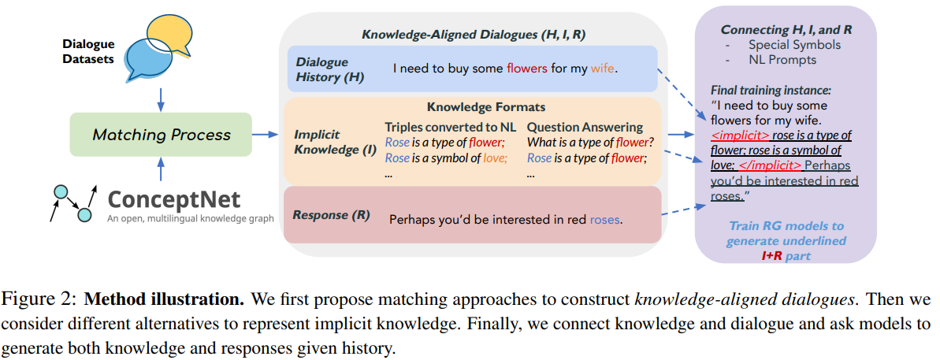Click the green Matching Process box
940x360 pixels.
(161, 135)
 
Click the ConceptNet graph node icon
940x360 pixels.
(73, 201)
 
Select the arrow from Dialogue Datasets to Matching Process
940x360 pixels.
(161, 98)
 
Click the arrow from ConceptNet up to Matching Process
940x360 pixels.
(161, 169)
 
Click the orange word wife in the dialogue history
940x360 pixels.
(603, 69)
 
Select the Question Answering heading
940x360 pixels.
(585, 127)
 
